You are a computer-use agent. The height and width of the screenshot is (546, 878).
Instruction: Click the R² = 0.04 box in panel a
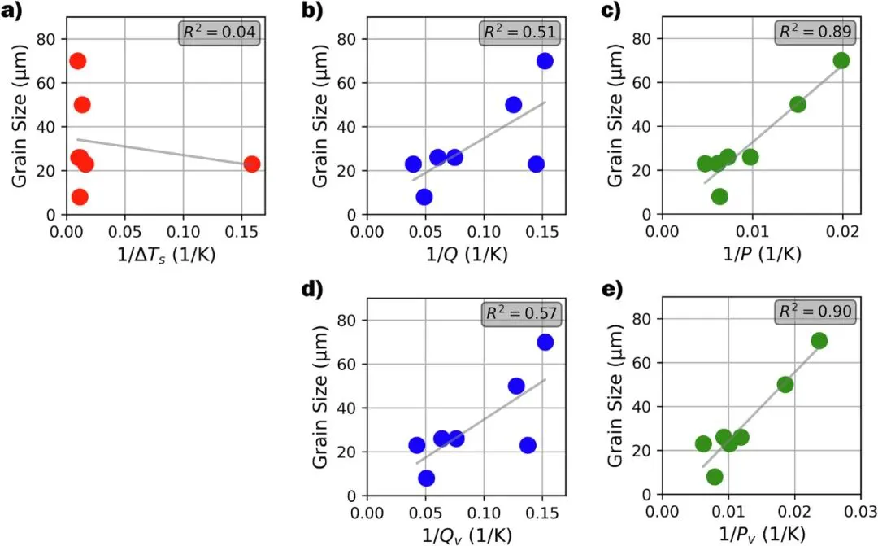click(x=219, y=33)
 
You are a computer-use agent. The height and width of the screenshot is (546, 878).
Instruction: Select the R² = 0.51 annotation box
click(x=520, y=32)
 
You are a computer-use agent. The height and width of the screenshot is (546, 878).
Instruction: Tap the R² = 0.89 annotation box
click(x=816, y=32)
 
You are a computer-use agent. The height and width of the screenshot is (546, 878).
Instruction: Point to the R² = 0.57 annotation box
click(x=521, y=312)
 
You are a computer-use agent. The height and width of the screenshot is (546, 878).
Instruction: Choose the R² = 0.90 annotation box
click(x=816, y=311)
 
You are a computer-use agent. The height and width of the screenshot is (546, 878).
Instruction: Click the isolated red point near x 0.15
click(x=252, y=164)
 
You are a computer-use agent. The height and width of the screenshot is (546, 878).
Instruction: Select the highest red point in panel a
click(x=78, y=61)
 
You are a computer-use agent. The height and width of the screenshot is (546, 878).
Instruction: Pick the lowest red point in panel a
click(x=80, y=197)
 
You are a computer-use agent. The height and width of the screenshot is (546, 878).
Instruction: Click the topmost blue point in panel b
click(x=545, y=61)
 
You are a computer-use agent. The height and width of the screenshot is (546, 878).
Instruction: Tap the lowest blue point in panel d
click(x=427, y=478)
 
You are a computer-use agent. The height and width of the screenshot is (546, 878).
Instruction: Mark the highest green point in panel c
click(x=841, y=60)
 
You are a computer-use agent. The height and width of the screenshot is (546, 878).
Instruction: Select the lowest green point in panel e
click(x=715, y=477)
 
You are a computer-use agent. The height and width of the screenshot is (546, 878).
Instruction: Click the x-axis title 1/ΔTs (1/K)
click(x=167, y=255)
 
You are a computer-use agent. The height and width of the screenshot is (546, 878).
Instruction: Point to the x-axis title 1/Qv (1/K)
click(x=467, y=535)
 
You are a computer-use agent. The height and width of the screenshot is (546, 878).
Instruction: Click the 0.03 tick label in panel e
click(x=859, y=511)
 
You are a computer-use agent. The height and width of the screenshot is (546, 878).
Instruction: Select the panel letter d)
click(x=312, y=290)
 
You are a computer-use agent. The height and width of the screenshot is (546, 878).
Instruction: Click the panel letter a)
click(x=11, y=10)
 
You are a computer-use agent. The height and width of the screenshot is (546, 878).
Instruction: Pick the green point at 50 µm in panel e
click(x=785, y=385)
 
